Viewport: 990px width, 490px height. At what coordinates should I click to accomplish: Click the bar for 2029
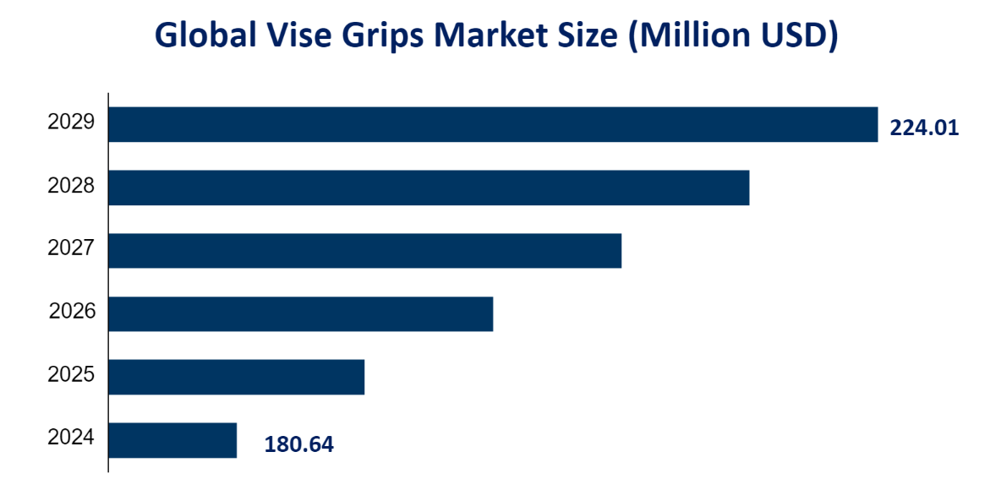click(x=493, y=124)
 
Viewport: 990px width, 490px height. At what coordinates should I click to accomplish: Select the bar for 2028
click(x=429, y=188)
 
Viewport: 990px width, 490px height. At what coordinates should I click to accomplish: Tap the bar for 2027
click(x=364, y=251)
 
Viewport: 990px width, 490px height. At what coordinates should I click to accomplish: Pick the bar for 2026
click(x=300, y=313)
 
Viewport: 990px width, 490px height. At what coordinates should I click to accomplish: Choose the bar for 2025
click(x=236, y=377)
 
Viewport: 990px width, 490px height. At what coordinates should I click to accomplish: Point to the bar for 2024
click(x=172, y=440)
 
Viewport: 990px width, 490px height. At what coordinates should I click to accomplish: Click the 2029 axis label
click(x=71, y=122)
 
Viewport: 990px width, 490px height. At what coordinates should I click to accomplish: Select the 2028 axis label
click(x=71, y=186)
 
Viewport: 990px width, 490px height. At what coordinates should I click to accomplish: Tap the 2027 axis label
click(x=71, y=249)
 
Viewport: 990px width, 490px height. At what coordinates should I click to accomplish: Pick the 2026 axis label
click(x=72, y=313)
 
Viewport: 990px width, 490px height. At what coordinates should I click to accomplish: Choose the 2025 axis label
click(x=71, y=375)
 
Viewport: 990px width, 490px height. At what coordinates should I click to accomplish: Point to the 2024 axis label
click(x=71, y=438)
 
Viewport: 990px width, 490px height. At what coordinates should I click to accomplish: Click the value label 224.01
click(x=924, y=128)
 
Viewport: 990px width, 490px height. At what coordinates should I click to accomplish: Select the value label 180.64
click(x=298, y=444)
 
